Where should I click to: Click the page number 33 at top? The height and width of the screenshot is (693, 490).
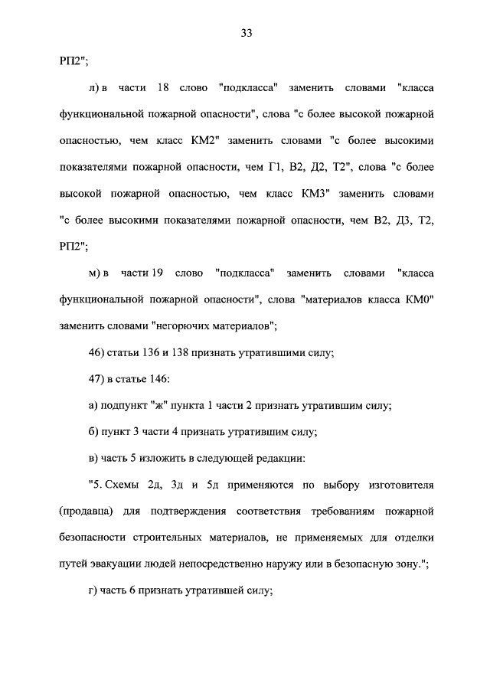coord(246,33)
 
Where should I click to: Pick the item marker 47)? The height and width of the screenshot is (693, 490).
coord(100,378)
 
